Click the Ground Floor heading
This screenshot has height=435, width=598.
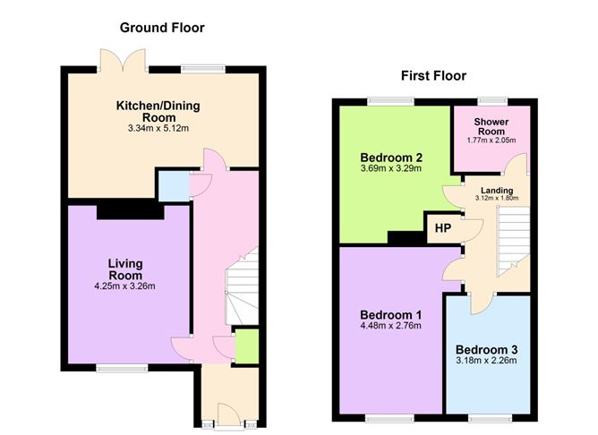[162, 28]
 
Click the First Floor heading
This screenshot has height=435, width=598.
[433, 76]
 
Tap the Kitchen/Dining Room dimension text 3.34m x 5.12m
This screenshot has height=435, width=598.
[158, 129]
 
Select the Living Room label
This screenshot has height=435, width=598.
[125, 269]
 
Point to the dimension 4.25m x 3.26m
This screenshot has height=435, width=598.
[124, 286]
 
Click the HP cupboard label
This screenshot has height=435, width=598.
[443, 228]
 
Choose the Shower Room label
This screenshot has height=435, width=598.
[491, 126]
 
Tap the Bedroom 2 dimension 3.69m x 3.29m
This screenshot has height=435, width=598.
[391, 168]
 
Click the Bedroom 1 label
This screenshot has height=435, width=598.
[391, 315]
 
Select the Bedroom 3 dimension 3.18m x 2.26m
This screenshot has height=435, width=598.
[486, 361]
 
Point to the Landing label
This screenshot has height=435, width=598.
[497, 191]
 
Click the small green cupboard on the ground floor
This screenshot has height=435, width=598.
[247, 346]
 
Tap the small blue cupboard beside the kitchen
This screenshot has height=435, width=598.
[174, 186]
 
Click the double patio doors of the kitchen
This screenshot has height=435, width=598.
[123, 60]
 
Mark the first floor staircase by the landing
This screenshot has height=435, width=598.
[513, 242]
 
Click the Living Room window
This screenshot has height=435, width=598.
[122, 368]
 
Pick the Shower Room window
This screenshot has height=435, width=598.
[492, 101]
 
